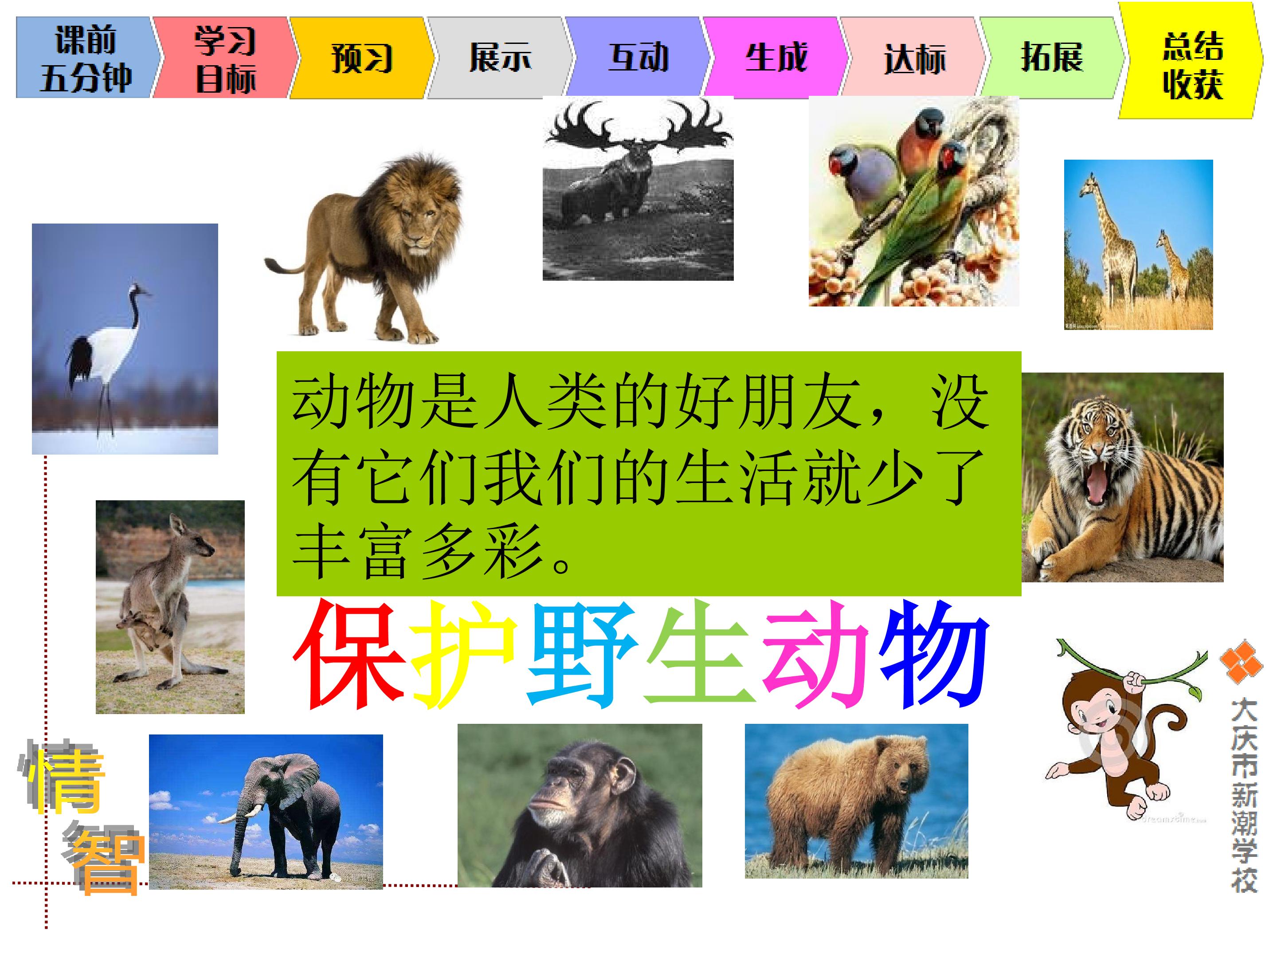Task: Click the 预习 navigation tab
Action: pyautogui.click(x=361, y=58)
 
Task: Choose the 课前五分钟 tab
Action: pyautogui.click(x=86, y=58)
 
